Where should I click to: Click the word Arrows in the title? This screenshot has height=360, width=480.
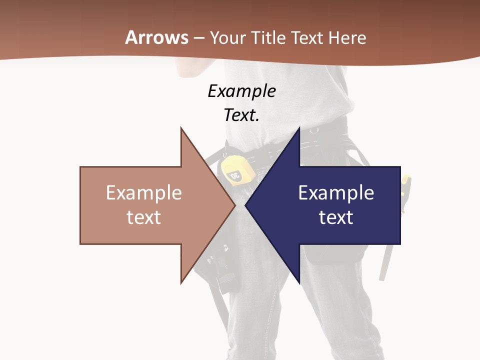tap(157, 37)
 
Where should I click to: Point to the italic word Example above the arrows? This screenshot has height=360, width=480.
tap(241, 91)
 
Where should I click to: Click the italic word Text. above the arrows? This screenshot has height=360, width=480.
tap(241, 115)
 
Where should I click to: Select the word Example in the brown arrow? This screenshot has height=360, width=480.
tap(144, 192)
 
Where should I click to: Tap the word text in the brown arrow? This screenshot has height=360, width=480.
tap(144, 217)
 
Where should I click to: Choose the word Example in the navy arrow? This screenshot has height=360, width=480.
tap(336, 192)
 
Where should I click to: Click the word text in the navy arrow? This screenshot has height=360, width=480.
tap(336, 217)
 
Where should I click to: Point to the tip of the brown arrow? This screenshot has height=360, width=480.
tap(235, 205)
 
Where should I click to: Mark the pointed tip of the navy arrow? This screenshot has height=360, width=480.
tap(245, 205)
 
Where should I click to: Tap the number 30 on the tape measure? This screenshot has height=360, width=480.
tap(234, 175)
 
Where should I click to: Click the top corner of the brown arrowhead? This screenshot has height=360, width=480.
tap(181, 127)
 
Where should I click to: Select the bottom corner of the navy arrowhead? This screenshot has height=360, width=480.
tap(299, 283)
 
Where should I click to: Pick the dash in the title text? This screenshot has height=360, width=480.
tap(198, 38)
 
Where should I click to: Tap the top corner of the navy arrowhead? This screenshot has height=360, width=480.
tap(299, 127)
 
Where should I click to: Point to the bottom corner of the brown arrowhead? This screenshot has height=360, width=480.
tap(181, 283)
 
